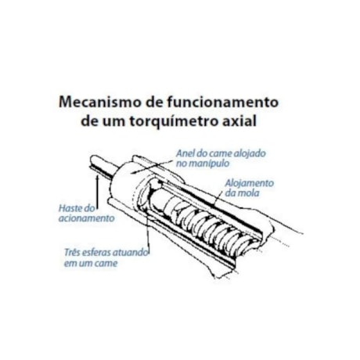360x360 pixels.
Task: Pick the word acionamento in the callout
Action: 86,219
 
